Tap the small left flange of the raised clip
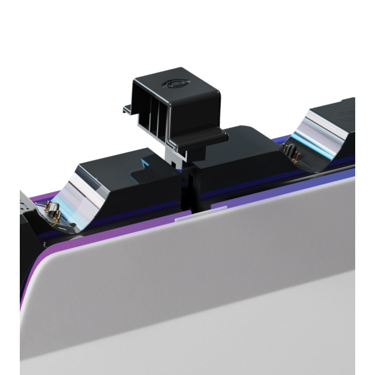pos(127,110)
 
